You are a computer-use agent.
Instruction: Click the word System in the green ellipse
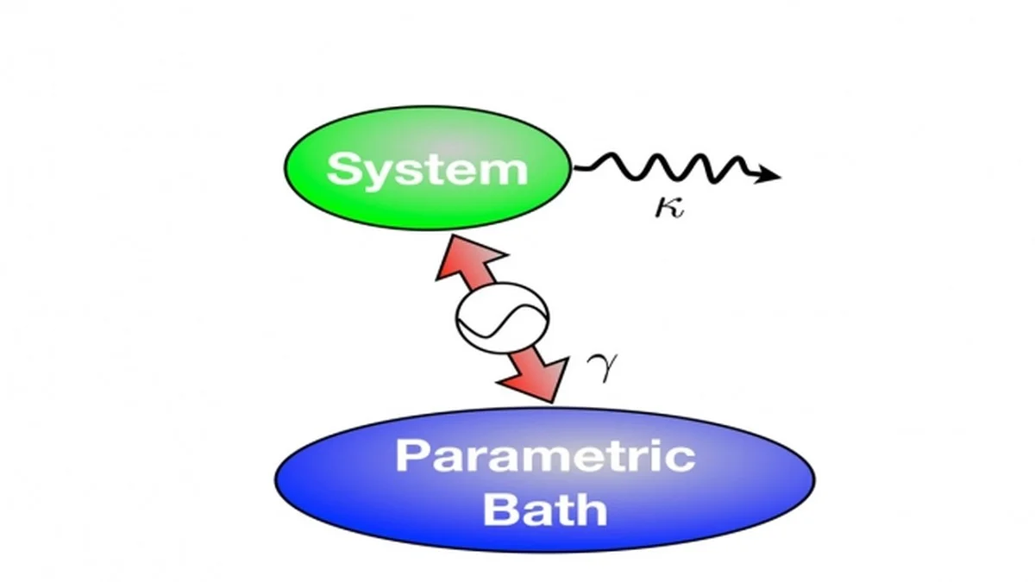coord(427,169)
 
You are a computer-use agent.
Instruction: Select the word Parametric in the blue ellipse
coord(545,455)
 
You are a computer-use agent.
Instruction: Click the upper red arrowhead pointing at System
coord(455,258)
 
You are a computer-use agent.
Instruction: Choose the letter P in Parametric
coord(412,455)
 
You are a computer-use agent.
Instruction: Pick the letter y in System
coord(377,175)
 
